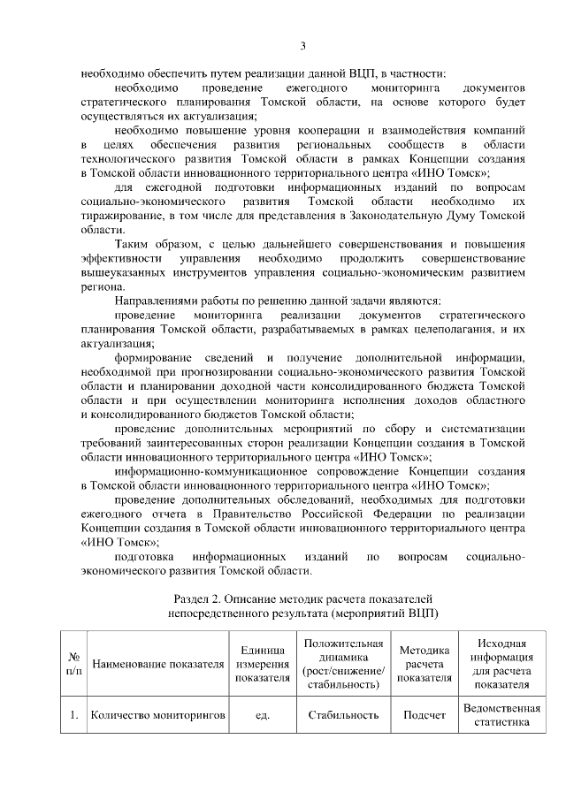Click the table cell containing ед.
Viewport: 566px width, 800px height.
point(262,715)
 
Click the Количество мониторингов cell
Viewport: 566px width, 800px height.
point(157,715)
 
